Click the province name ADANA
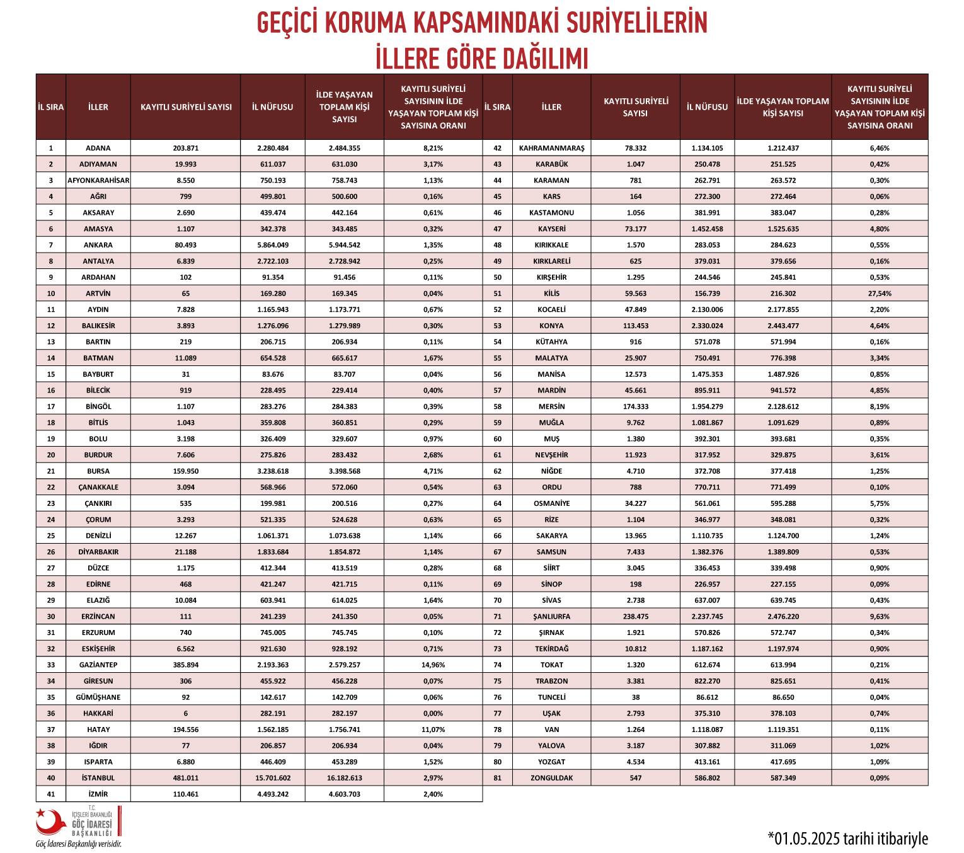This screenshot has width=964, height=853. tap(98, 148)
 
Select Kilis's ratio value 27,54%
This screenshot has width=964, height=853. tap(880, 294)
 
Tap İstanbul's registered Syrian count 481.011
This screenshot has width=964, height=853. tap(186, 778)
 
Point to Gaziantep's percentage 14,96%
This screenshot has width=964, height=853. tap(433, 665)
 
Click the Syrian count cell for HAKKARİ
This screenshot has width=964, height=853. tap(186, 713)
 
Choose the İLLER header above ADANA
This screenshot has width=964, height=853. tap(98, 107)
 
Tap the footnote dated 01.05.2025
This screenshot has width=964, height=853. tap(847, 839)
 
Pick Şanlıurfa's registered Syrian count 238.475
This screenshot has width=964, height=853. tap(635, 616)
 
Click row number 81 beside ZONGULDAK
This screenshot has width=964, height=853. tap(497, 778)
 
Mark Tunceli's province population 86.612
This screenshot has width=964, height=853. tap(707, 697)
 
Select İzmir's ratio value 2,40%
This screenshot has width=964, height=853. tap(433, 794)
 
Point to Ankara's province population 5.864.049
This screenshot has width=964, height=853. tap(273, 245)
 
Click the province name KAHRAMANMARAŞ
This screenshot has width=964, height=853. tap(551, 148)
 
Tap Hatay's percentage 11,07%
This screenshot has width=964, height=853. tap(433, 730)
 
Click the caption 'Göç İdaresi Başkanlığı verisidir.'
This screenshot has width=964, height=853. tap(79, 844)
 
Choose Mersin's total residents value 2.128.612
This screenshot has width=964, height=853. tap(783, 407)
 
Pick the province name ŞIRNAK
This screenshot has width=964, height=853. tap(551, 633)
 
